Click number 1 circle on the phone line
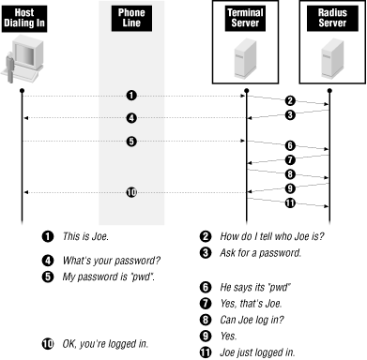point(132,96)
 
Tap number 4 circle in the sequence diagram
point(132,118)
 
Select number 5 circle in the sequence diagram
point(132,142)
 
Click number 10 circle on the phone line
point(132,192)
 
